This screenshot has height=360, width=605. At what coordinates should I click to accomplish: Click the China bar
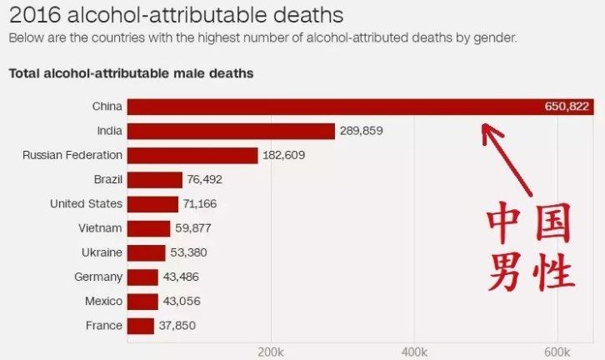(x=333, y=107)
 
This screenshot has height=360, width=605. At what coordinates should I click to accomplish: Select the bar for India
(x=231, y=131)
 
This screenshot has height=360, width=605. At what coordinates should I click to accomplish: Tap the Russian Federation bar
(x=192, y=155)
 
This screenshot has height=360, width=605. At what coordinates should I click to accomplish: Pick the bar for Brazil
(x=154, y=179)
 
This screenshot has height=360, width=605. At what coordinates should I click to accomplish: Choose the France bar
(x=141, y=326)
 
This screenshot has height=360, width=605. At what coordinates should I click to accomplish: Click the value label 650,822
(x=566, y=107)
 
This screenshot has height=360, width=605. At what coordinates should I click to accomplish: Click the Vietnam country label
(x=100, y=228)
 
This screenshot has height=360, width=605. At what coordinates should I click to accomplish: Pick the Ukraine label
(x=102, y=252)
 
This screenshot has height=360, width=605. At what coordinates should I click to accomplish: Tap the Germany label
(x=97, y=277)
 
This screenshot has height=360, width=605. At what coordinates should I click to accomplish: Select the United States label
(x=86, y=203)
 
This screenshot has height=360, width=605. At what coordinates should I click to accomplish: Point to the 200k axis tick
(x=271, y=351)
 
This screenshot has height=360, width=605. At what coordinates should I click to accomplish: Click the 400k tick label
(x=414, y=351)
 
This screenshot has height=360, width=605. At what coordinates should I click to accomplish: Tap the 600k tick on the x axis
(x=557, y=351)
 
